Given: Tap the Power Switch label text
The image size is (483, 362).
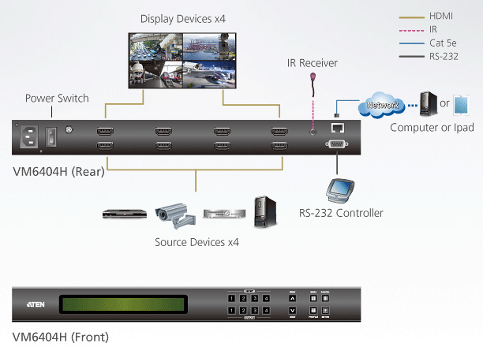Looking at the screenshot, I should click(57, 99).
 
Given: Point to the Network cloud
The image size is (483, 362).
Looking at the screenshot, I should click(381, 103).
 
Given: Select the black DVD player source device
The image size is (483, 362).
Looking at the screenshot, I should click(124, 212).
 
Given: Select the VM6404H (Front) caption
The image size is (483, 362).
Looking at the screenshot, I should click(61, 338).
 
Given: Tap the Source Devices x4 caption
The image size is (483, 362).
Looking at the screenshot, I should click(197, 242).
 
